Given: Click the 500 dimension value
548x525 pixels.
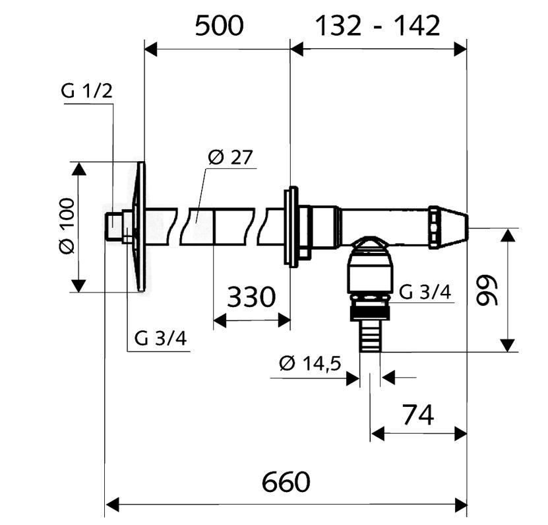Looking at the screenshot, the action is pyautogui.click(x=219, y=26).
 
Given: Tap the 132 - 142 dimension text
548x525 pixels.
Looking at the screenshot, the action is pyautogui.click(x=378, y=26).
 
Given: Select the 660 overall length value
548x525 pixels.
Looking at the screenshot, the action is pyautogui.click(x=286, y=482).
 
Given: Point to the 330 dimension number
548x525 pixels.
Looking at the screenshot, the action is pyautogui.click(x=251, y=297).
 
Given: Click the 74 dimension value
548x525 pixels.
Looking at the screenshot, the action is pyautogui.click(x=418, y=415).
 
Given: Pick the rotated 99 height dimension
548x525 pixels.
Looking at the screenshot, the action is pyautogui.click(x=487, y=289).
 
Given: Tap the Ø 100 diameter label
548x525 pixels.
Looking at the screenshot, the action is pyautogui.click(x=67, y=226).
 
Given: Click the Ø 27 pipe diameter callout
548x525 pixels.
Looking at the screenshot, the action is pyautogui.click(x=230, y=157).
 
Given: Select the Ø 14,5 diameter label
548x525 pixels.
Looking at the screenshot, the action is pyautogui.click(x=310, y=363).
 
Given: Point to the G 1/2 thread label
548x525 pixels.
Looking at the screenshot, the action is pyautogui.click(x=86, y=91).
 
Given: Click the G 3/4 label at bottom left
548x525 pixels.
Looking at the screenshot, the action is pyautogui.click(x=161, y=338).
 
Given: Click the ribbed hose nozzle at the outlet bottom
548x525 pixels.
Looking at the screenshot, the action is pyautogui.click(x=370, y=336).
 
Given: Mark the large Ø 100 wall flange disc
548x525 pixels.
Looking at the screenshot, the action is pyautogui.click(x=140, y=227).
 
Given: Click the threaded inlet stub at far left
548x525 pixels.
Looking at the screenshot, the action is pyautogui.click(x=114, y=227).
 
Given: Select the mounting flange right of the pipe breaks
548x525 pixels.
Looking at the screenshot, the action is pyautogui.click(x=291, y=227).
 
